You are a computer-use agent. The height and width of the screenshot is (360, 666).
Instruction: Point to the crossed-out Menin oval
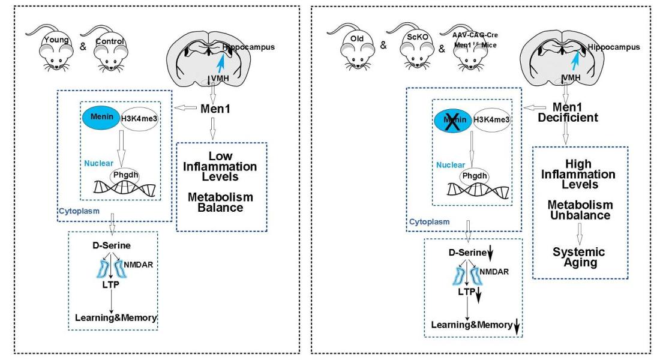click(453, 119)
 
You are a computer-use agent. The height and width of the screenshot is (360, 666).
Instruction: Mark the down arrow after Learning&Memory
click(517, 326)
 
